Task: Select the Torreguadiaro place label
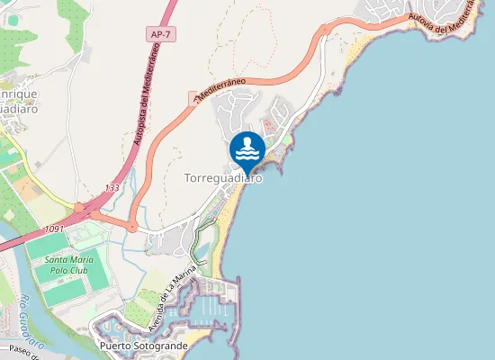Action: pos(223,178)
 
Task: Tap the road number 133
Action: pos(111,187)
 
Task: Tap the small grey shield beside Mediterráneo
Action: pos(193,96)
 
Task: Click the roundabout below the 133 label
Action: pos(133,227)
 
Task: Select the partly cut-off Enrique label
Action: pos(18,94)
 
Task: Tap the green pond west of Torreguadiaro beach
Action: pos(202,248)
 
